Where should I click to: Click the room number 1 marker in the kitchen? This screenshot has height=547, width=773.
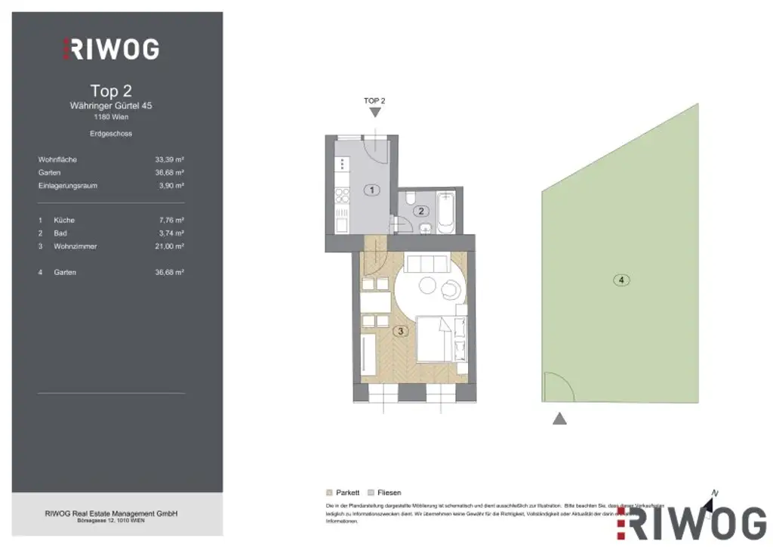[371, 190]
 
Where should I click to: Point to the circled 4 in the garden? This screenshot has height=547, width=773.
[621, 280]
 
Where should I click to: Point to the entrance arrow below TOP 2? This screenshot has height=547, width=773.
[375, 113]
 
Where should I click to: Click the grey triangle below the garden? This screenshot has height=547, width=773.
[559, 419]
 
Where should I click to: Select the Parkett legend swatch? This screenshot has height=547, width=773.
[329, 492]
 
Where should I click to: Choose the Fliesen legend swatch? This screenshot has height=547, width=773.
[371, 492]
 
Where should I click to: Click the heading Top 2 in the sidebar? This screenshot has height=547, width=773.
[111, 91]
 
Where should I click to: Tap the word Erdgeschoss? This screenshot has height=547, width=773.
[111, 133]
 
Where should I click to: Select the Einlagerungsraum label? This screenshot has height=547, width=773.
[68, 185]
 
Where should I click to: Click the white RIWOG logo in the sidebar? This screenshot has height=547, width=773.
[111, 49]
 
